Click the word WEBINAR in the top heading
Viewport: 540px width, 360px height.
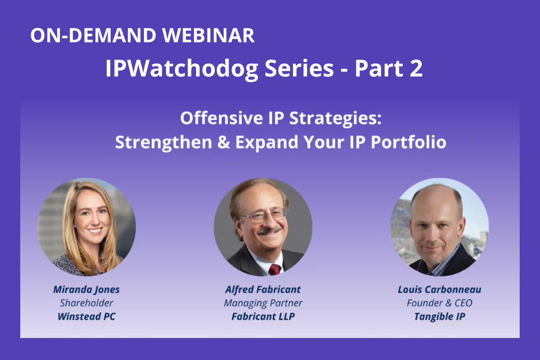[208, 36]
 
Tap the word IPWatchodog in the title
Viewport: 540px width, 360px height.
[182, 69]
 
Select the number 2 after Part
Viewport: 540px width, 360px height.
[416, 68]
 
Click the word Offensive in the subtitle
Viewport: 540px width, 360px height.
[221, 118]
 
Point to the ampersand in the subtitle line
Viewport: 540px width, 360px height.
[224, 142]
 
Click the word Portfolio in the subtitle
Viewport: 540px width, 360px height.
[409, 142]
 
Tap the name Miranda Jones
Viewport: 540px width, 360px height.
[86, 290]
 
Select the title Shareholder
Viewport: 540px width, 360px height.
[86, 303]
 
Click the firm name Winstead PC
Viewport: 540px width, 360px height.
[86, 316]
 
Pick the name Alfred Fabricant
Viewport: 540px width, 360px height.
[263, 290]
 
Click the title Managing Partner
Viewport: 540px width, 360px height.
[263, 303]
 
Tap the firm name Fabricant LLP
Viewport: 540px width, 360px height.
[263, 316]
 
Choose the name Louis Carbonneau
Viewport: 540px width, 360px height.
[440, 290]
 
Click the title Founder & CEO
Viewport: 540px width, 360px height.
[440, 303]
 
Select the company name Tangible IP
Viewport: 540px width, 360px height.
[440, 317]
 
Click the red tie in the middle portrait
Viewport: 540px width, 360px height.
[274, 270]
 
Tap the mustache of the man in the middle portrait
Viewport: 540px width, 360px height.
[270, 231]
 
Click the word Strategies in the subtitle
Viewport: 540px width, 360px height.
[335, 119]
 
